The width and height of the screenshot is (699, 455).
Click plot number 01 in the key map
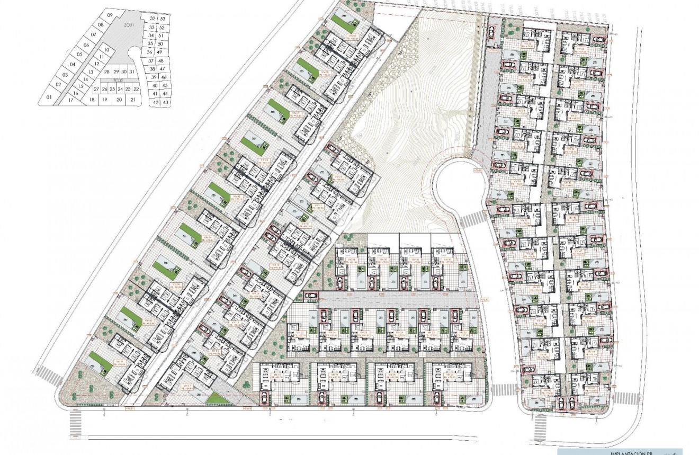coord(48,97)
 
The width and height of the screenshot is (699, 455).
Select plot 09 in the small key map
coord(110,16)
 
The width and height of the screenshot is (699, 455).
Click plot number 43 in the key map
coord(166,102)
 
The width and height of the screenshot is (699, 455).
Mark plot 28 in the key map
coord(107,72)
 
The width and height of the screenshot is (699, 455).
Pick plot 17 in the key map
coord(71,100)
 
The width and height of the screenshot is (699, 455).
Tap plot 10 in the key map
coord(106,50)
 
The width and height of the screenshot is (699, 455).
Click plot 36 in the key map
coord(150,52)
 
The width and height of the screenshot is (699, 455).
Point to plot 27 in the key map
coord(96,90)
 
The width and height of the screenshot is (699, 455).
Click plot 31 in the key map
coord(131,72)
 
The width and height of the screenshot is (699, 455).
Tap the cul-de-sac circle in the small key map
coord(133,54)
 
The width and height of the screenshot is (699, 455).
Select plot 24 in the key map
coord(120,90)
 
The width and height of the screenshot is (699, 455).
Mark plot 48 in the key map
coord(162,61)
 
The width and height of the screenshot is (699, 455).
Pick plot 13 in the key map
coord(91,72)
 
